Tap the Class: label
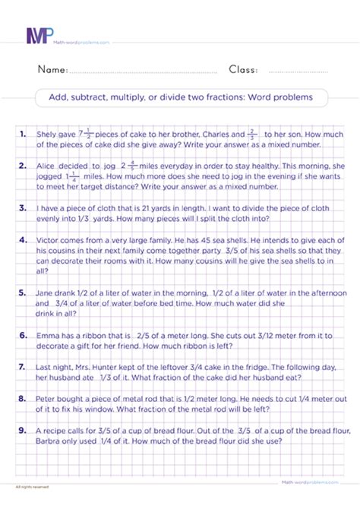tap(243, 70)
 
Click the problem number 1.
tap(24, 132)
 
